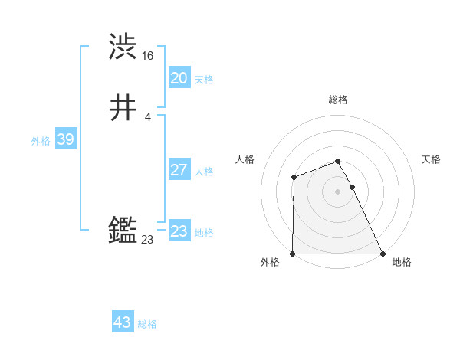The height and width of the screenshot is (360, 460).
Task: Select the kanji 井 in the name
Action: (x=123, y=110)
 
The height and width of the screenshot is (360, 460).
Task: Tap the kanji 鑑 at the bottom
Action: (x=123, y=230)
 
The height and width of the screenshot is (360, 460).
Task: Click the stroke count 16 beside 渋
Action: (x=148, y=56)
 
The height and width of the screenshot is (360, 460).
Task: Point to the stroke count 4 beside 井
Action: (x=147, y=117)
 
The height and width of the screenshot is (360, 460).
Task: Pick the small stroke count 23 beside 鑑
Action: (x=147, y=240)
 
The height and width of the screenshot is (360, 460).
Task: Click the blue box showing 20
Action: (x=179, y=78)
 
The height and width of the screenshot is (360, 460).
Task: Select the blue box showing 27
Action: (x=179, y=170)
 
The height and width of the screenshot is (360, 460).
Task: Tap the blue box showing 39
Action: (x=65, y=140)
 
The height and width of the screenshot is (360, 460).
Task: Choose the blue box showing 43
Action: (x=123, y=322)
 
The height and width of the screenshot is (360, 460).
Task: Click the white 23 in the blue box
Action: (x=179, y=231)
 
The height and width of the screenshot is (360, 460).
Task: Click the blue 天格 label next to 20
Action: (x=204, y=80)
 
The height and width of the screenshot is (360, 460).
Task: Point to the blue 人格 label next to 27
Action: (x=204, y=172)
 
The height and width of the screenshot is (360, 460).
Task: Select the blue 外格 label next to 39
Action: (x=41, y=141)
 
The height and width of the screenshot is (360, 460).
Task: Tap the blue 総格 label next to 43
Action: (x=147, y=324)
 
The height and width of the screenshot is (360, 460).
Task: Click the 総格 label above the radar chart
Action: (x=338, y=100)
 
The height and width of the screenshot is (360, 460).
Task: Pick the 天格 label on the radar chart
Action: (x=432, y=159)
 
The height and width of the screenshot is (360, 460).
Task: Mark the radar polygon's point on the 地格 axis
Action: (x=383, y=254)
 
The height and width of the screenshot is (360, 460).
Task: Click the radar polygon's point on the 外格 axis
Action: (x=293, y=254)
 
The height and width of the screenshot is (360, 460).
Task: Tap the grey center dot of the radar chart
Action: (x=338, y=191)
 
